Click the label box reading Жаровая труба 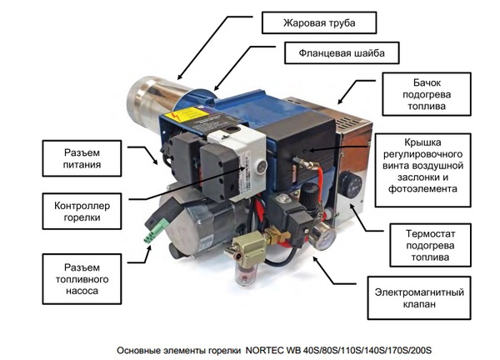coord(319,22)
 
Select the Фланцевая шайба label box coord(342,53)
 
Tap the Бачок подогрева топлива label coord(427,94)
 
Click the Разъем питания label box coord(82,158)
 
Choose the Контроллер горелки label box coord(82,211)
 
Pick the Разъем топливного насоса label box coord(82,279)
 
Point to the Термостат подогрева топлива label coord(430,245)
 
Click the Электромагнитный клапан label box coord(419,297)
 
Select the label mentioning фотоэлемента coord(422,170)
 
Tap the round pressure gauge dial coord(322,237)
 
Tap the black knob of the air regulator coord(309,193)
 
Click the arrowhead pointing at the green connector coord(148,248)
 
